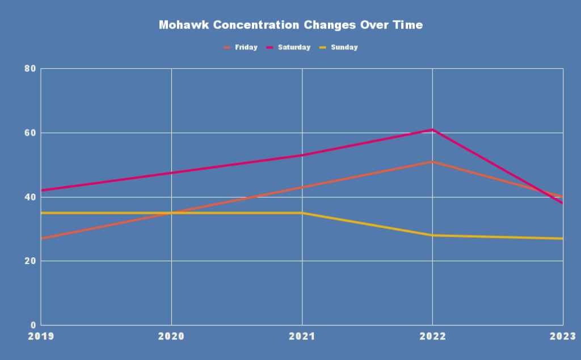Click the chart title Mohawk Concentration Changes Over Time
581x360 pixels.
click(290, 26)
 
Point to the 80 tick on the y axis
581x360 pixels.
click(30, 69)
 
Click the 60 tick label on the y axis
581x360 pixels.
click(30, 133)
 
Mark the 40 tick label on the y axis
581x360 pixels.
click(30, 197)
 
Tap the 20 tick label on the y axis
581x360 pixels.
click(30, 261)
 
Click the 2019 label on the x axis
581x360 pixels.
click(41, 337)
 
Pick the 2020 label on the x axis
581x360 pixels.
click(171, 337)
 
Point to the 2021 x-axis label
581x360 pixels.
click(302, 337)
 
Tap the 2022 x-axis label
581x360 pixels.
click(432, 337)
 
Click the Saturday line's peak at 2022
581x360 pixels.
click(432, 130)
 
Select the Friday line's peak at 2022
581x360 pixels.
click(432, 162)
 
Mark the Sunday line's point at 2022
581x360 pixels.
click(432, 235)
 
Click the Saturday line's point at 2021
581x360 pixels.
click(302, 155)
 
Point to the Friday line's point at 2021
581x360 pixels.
click(302, 187)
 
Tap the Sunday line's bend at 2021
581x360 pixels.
click(302, 213)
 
